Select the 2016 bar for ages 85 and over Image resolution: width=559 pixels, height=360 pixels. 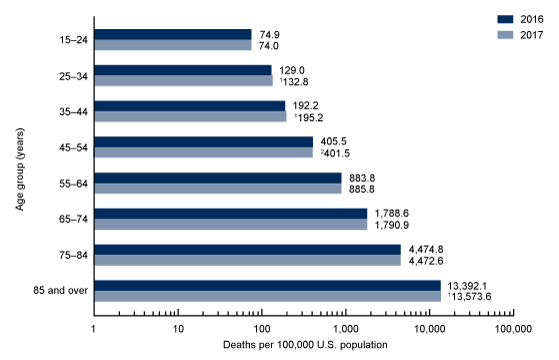click(267, 286)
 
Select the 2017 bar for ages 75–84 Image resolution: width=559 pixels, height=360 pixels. click(247, 261)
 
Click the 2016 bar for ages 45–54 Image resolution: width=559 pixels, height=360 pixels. click(203, 141)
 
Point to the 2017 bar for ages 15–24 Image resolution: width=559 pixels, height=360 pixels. click(172, 45)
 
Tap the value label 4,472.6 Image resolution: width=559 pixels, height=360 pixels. click(428, 261)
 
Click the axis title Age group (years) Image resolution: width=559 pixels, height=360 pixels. click(21, 165)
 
